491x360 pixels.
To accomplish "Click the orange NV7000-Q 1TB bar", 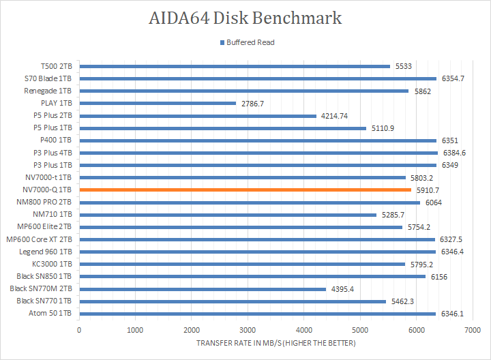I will point(245,190).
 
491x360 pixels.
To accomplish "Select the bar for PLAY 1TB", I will point(158,104).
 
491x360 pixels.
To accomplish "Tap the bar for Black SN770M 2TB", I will point(203,289).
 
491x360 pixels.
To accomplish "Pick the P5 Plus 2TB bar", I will point(198,116).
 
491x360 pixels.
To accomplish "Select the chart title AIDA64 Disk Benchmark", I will point(245,17).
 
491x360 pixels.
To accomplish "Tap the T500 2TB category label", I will point(56,66).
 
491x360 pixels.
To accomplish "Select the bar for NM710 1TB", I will point(228,215).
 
